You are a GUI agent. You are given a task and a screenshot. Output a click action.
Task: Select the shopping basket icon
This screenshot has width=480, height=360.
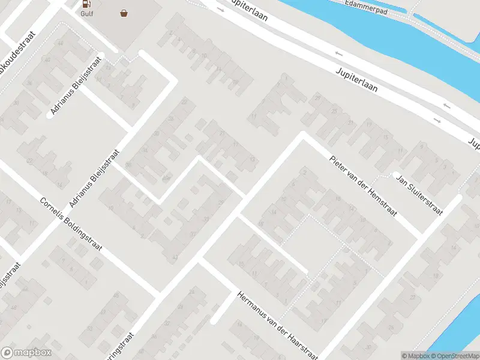point(124,12)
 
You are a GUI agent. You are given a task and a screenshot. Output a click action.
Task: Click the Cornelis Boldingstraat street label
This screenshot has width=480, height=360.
point(71,224)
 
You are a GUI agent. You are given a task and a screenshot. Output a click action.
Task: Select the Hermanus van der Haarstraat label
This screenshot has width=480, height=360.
point(276,324)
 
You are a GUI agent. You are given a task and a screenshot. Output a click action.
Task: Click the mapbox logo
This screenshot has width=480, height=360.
point(26,353)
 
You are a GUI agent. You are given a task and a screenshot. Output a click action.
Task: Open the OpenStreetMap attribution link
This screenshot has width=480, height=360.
point(454,356)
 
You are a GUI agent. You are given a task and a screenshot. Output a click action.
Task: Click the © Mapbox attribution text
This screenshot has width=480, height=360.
point(415,356)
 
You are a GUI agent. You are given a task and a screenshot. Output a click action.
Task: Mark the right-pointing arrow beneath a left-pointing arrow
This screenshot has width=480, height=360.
point(437,121)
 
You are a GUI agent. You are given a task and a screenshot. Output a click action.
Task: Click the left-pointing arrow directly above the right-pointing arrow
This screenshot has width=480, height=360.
point(446,106)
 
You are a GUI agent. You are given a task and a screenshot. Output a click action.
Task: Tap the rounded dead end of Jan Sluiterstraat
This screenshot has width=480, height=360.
point(396,176)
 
